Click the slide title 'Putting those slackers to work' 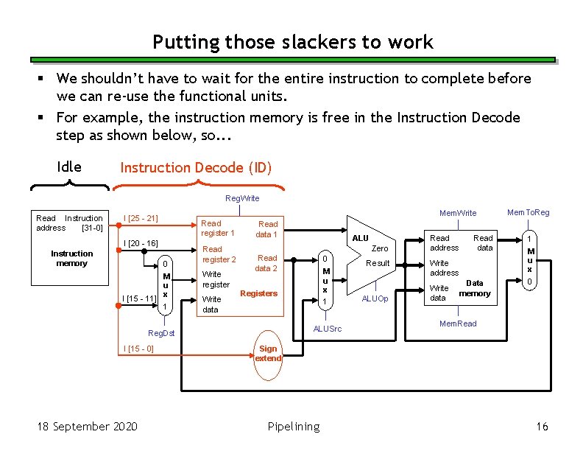coord(292,42)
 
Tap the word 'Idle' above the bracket coord(69,167)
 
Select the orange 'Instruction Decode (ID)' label coord(196,168)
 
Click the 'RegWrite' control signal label coord(242,198)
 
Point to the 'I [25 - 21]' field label coord(141,218)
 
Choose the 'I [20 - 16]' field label coord(141,243)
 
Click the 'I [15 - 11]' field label coord(138,298)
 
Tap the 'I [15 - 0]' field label coord(138,349)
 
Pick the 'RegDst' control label coord(161,333)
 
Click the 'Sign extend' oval coord(268,354)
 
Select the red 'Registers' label coord(259,293)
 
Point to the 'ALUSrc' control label coord(328,329)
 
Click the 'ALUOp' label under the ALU coord(375,298)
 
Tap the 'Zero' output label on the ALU coord(380,249)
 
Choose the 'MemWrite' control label coord(458,213)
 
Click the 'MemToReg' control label coord(528,213)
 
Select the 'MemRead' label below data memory coord(458,324)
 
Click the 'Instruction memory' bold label coord(71,258)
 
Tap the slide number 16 coord(543,427)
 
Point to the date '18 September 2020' coord(80,427)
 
